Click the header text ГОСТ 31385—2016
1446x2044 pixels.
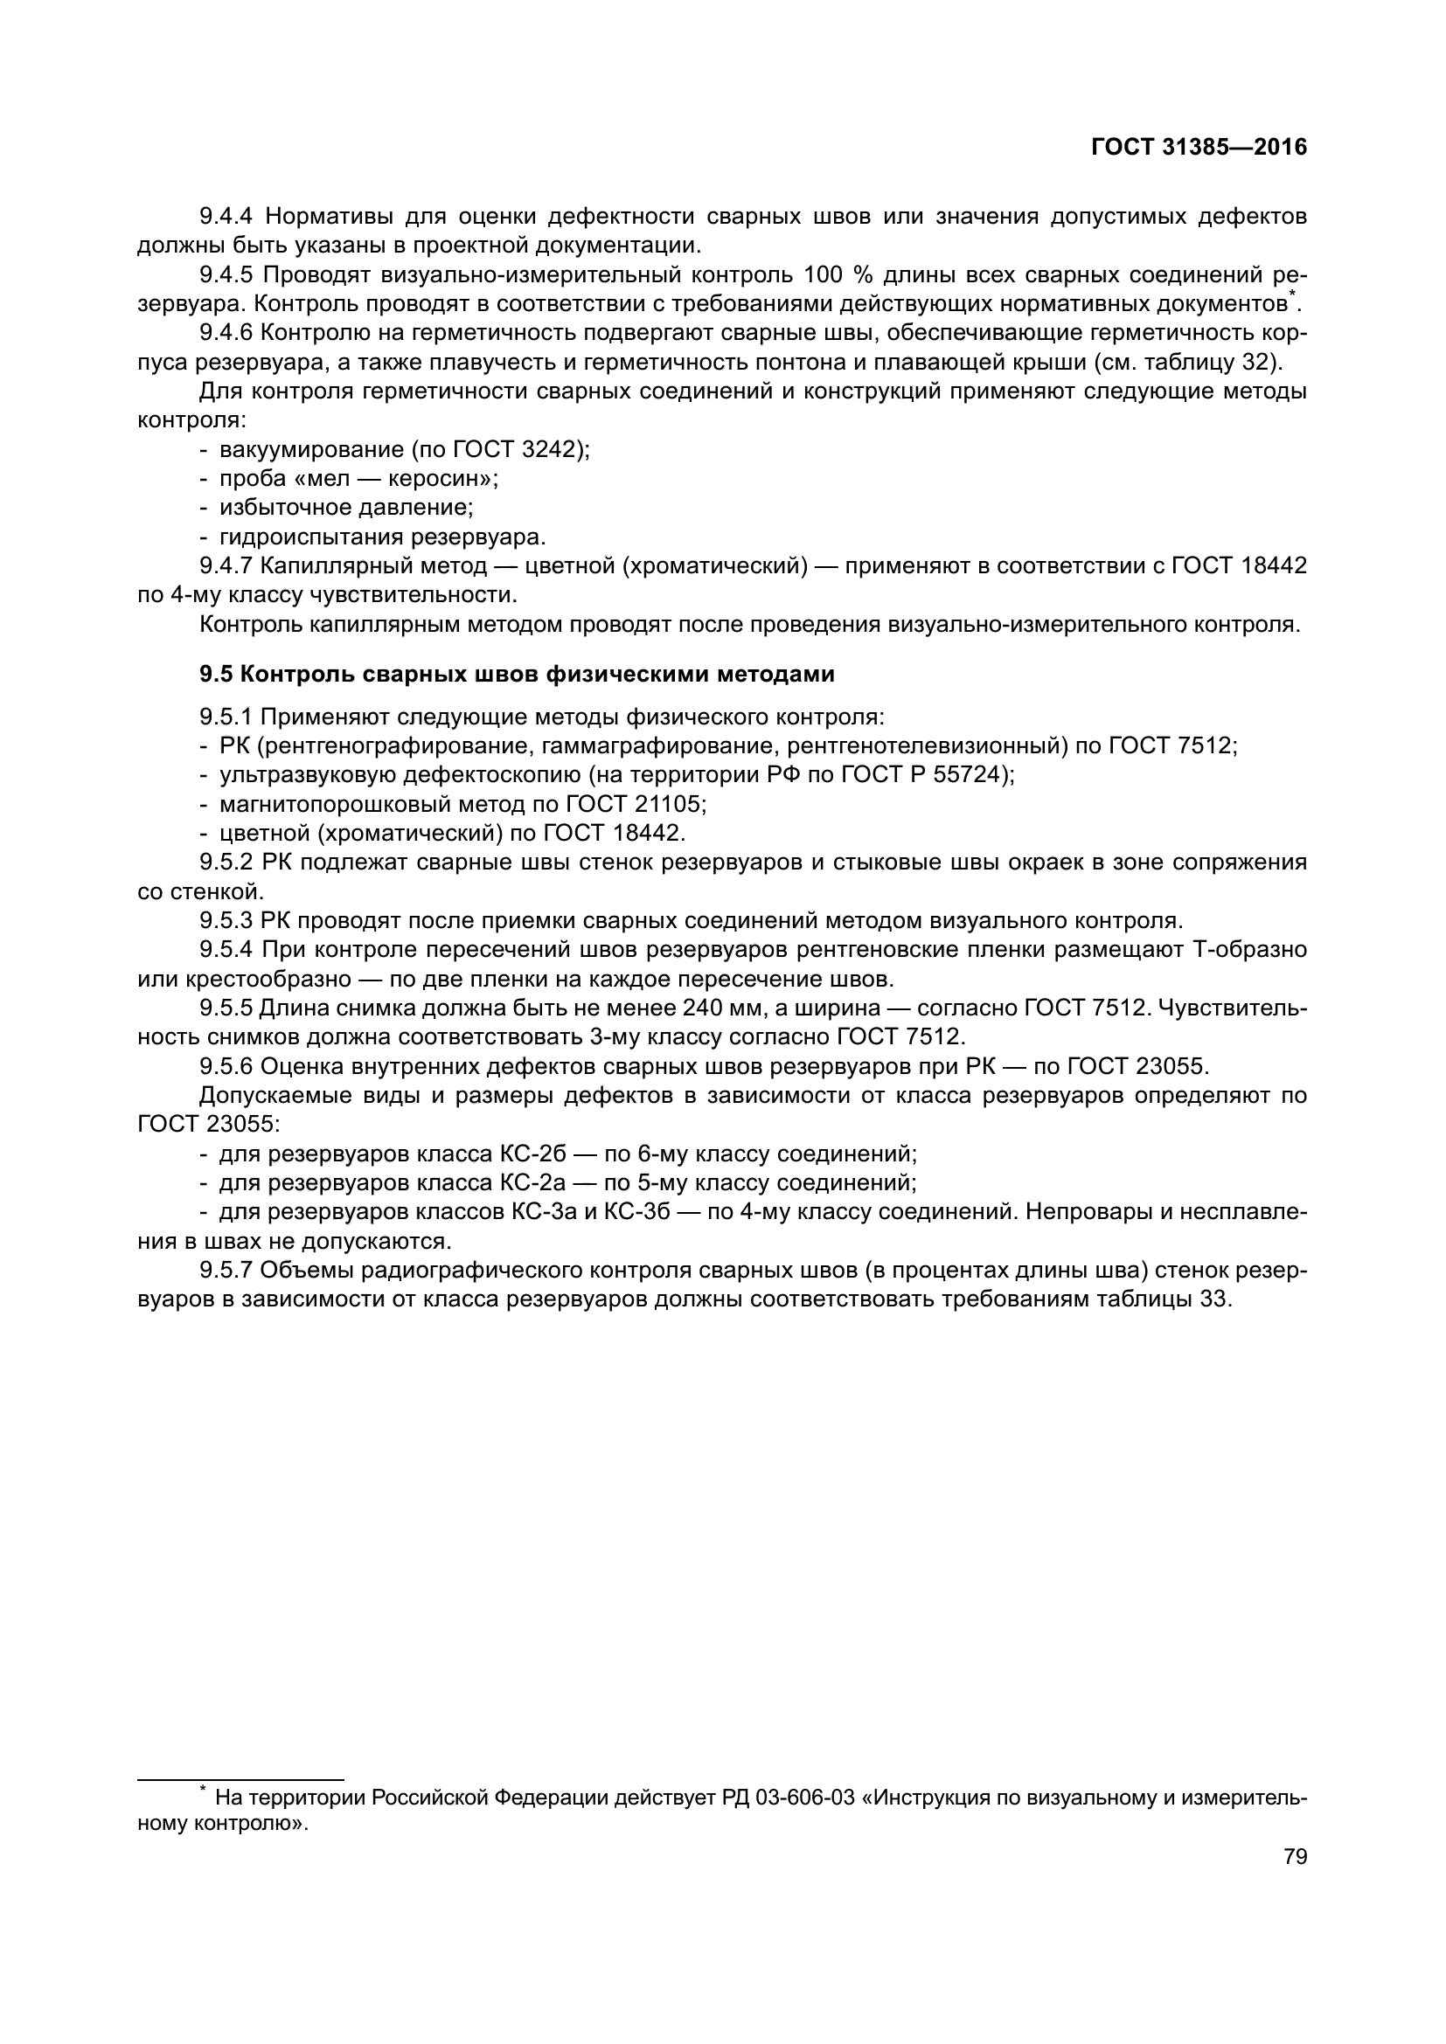pos(1199,148)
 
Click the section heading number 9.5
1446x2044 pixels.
pos(215,675)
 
